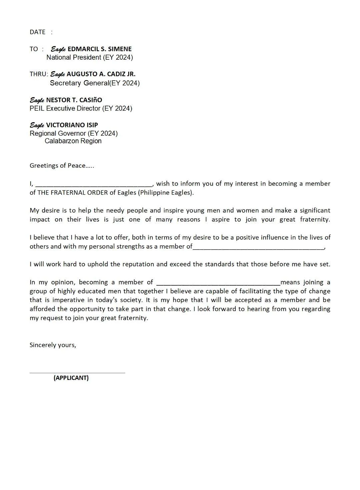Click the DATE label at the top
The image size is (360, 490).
(x=37, y=32)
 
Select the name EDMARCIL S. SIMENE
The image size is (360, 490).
(x=99, y=49)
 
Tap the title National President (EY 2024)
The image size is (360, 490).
(x=89, y=57)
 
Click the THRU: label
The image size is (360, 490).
(x=39, y=74)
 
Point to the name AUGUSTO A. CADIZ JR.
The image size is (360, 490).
(x=101, y=74)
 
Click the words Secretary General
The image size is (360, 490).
(x=79, y=83)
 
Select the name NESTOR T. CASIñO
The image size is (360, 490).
(x=74, y=100)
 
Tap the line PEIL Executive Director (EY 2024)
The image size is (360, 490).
(x=81, y=108)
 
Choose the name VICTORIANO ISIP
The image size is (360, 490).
(x=72, y=125)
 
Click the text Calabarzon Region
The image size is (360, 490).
(x=73, y=141)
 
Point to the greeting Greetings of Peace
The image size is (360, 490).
(x=57, y=166)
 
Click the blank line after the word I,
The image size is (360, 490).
(x=94, y=184)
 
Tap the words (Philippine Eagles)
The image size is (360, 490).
(x=166, y=193)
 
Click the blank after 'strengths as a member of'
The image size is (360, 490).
(x=258, y=247)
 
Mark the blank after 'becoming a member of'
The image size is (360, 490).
(x=218, y=283)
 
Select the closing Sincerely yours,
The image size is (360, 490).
(x=53, y=345)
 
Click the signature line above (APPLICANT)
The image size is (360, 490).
(x=77, y=373)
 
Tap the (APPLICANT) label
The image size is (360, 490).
(x=71, y=378)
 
